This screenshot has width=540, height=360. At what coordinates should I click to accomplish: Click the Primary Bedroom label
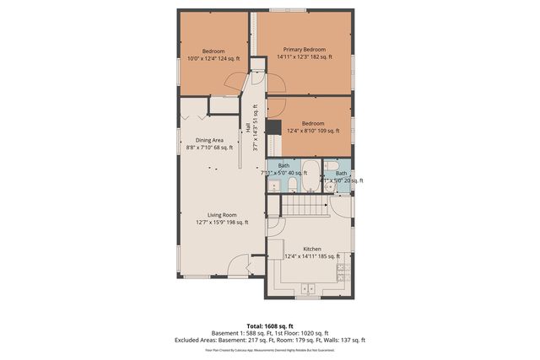click(x=304, y=49)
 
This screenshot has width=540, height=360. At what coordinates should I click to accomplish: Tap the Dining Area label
click(x=210, y=140)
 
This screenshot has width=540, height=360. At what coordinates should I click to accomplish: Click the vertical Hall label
click(x=247, y=126)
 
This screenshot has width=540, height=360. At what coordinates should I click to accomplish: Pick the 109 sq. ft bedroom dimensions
click(x=308, y=131)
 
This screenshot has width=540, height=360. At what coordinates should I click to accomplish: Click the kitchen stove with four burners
click(x=343, y=271)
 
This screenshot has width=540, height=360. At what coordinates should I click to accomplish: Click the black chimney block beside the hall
click(x=273, y=127)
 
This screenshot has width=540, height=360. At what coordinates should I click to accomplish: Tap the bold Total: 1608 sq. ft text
click(x=269, y=325)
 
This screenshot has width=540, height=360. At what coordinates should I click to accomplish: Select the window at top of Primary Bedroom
click(x=289, y=9)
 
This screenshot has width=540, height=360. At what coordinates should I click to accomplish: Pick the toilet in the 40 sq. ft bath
click(x=289, y=183)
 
